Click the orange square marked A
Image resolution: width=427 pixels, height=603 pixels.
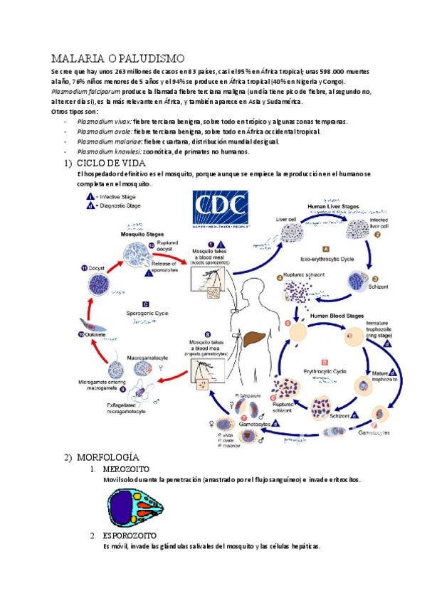(x=325, y=249)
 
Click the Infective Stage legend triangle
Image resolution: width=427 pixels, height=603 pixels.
(x=90, y=196)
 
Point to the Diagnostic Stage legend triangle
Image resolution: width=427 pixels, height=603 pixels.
(x=90, y=206)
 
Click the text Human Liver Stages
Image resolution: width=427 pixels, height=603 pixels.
(x=333, y=207)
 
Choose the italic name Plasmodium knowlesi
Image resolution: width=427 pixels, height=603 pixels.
(x=108, y=151)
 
